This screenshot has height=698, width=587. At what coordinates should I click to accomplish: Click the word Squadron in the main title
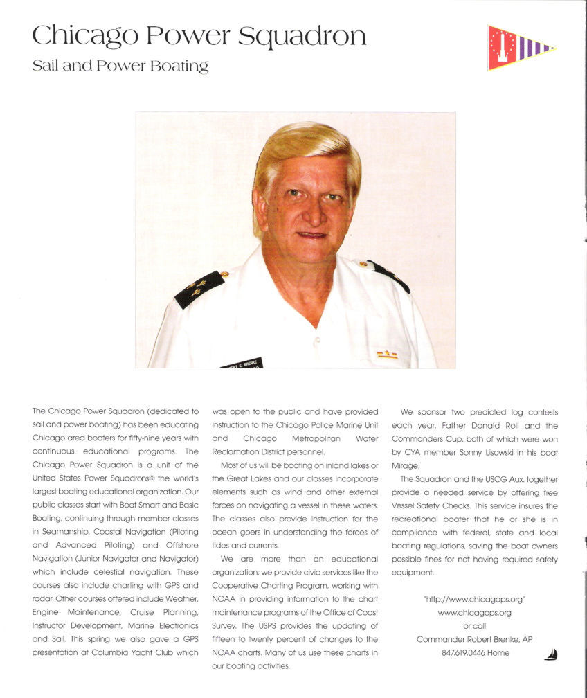pyautogui.click(x=301, y=37)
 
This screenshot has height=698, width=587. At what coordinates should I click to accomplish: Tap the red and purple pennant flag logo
pyautogui.click(x=521, y=48)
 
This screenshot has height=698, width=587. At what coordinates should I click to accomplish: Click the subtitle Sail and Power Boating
pyautogui.click(x=120, y=67)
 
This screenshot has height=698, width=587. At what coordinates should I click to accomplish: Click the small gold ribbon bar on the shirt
pyautogui.click(x=387, y=355)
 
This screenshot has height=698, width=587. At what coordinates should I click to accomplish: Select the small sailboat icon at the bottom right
pyautogui.click(x=551, y=654)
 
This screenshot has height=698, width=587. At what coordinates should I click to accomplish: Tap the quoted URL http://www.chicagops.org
pyautogui.click(x=474, y=599)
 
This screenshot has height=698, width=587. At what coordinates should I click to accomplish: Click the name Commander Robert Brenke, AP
pyautogui.click(x=474, y=639)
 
